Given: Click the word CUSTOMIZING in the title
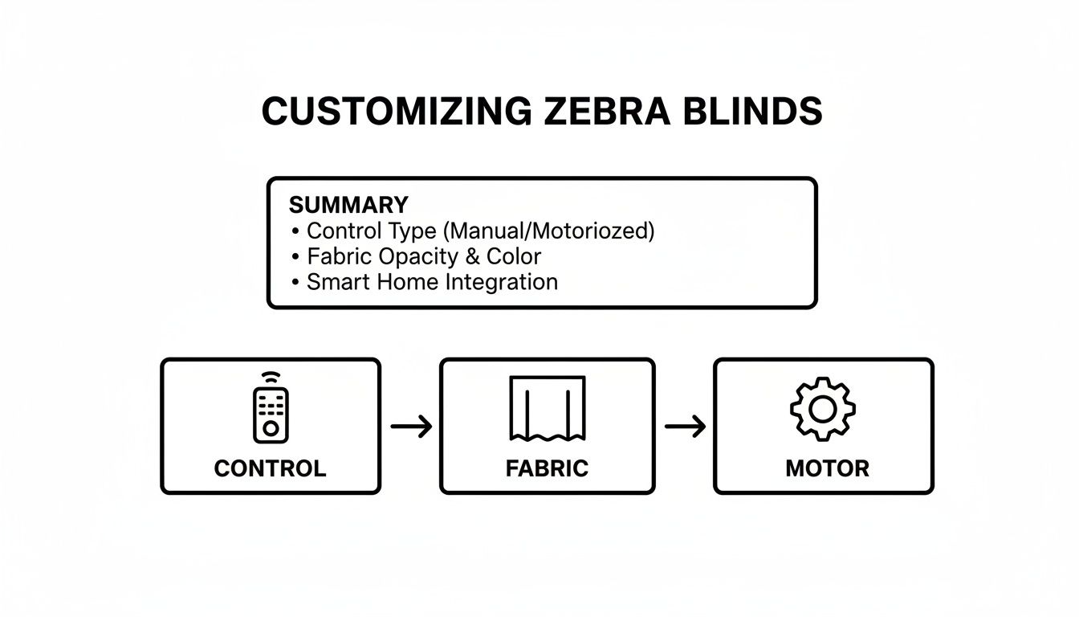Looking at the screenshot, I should (x=397, y=111).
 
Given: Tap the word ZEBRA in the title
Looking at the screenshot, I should (x=599, y=111).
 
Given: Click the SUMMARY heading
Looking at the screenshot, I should (x=348, y=204).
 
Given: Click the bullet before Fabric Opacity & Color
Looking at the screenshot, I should (x=295, y=257).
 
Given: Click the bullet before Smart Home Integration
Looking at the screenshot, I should (x=295, y=283).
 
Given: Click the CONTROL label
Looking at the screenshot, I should (x=270, y=468).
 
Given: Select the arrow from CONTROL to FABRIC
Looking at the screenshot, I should (x=411, y=427).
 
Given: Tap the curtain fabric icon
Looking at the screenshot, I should (x=548, y=408).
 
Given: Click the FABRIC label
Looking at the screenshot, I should (x=547, y=468).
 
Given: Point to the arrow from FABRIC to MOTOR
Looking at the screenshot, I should (x=685, y=427).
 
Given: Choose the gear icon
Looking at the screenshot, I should (x=822, y=409).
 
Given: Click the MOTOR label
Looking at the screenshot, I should (x=827, y=468).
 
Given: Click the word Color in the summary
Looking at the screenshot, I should (x=514, y=256).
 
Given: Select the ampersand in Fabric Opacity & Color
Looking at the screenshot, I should (x=472, y=256).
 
